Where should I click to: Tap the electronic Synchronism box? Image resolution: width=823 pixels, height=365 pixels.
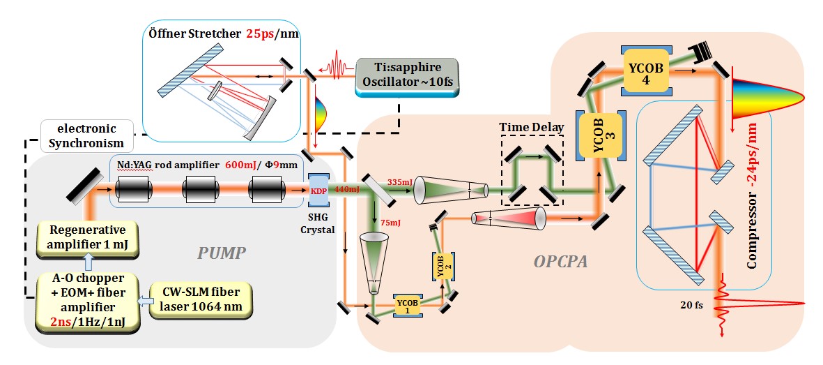[86, 136]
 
